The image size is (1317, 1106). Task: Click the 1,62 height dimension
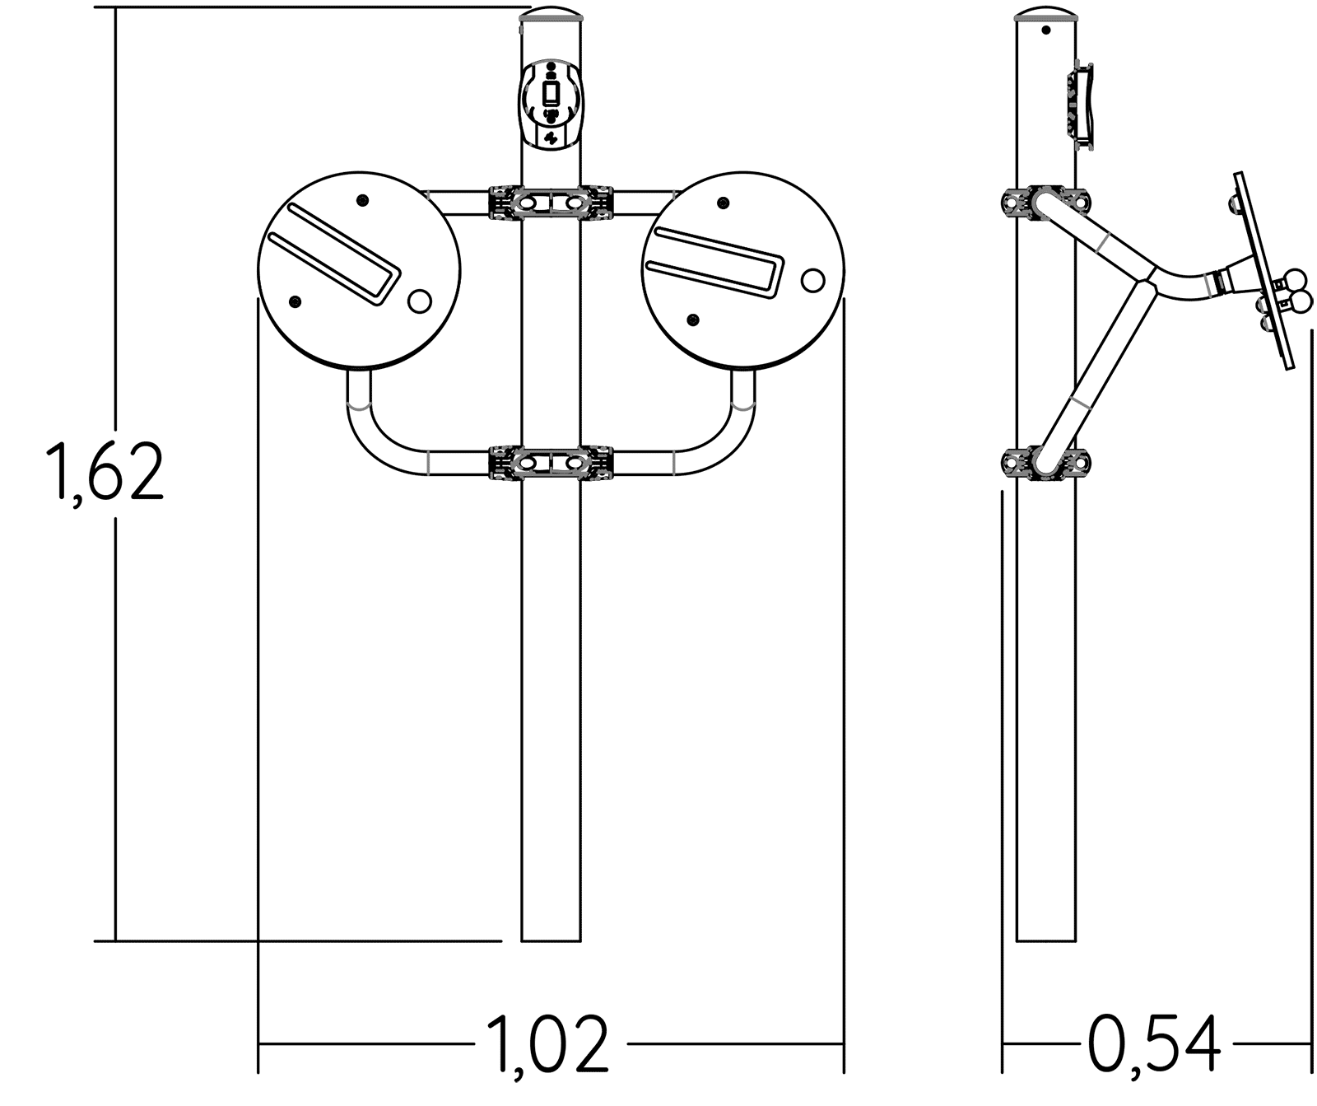[106, 472]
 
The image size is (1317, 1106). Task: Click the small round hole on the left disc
[419, 301]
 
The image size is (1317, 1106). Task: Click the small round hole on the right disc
[812, 280]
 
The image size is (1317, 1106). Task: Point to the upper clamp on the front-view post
[551, 202]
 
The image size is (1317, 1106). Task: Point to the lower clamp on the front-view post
[551, 463]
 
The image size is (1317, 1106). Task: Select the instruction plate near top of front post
[551, 103]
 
